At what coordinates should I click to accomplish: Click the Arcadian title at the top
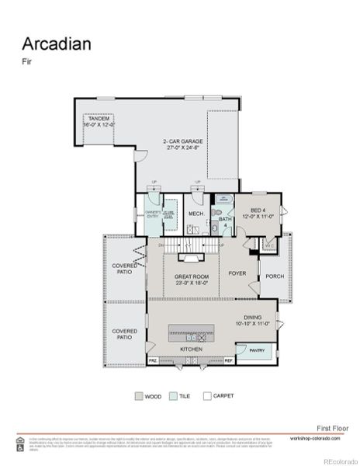(56, 43)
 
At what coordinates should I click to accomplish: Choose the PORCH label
(275, 276)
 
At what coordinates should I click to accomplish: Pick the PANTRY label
(257, 350)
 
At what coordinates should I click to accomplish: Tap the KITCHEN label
(191, 349)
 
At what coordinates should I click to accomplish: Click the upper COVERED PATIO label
(125, 269)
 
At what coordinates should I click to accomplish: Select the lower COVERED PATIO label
(125, 334)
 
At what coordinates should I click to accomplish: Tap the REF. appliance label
(229, 360)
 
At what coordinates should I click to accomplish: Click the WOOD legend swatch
(139, 396)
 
